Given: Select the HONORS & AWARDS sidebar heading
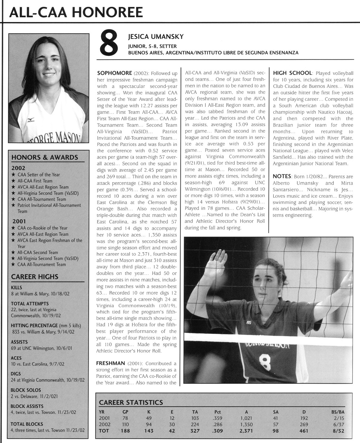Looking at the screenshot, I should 45,157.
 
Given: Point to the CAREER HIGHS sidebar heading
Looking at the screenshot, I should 35,277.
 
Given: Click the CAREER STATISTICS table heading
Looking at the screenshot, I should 131,402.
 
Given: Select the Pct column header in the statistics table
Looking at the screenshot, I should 217,411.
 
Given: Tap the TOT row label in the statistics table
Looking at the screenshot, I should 104,431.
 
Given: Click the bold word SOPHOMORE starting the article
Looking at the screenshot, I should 112,73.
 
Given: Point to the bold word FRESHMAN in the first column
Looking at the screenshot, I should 110,363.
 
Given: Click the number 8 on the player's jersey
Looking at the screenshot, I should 265,361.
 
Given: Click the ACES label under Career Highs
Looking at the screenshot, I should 16,358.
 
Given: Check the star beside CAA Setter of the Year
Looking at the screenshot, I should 13,175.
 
